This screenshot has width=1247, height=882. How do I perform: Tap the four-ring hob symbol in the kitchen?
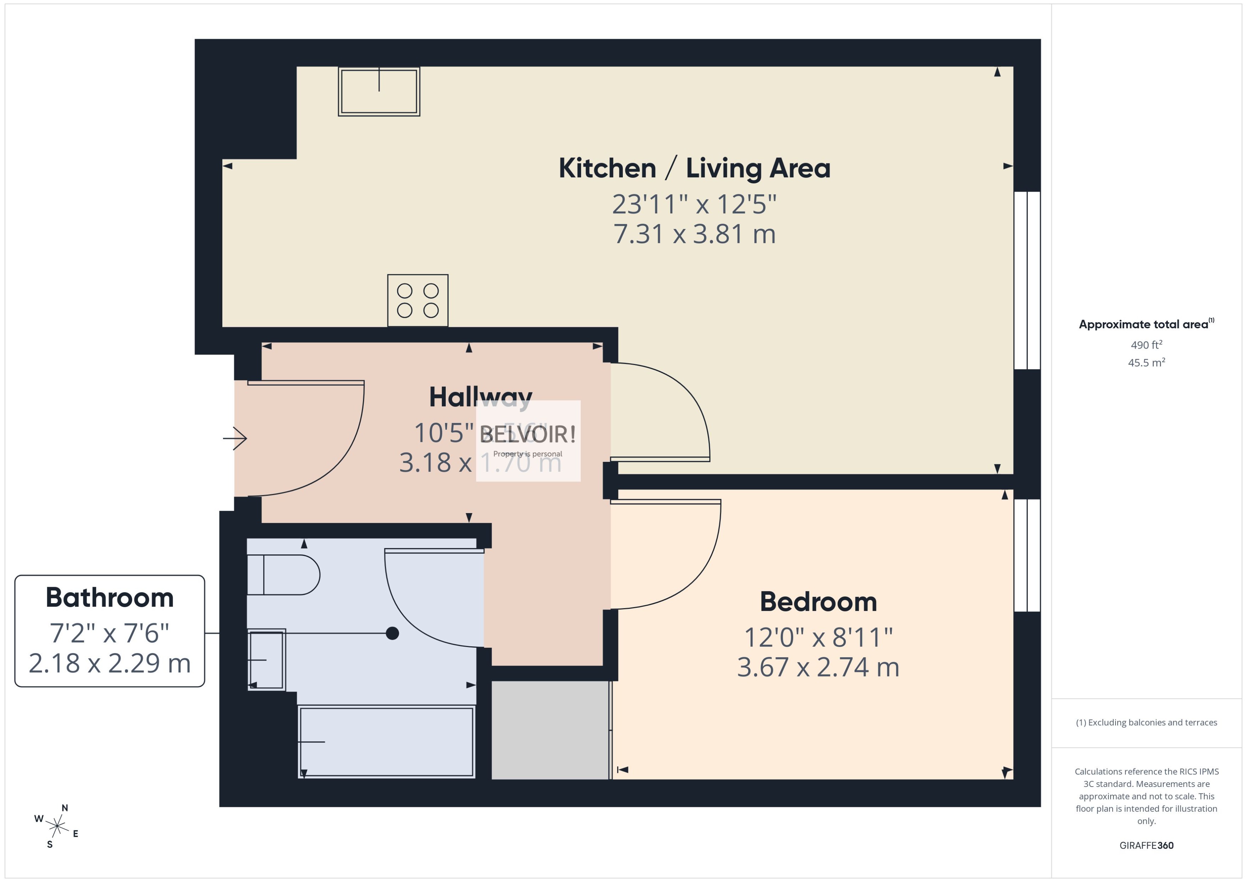[417, 300]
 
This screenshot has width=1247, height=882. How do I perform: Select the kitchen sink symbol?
[379, 91]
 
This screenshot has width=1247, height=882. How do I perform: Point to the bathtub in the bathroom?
[386, 741]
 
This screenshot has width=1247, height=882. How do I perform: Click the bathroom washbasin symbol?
[266, 660]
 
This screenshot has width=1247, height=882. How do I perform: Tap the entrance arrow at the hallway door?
[235, 438]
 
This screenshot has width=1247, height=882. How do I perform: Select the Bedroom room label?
[818, 602]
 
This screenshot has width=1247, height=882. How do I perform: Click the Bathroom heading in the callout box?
[109, 597]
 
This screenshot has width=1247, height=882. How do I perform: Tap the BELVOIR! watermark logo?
[528, 434]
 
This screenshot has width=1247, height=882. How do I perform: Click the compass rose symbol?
[57, 826]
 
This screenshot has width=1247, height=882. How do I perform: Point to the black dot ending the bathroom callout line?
[392, 633]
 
